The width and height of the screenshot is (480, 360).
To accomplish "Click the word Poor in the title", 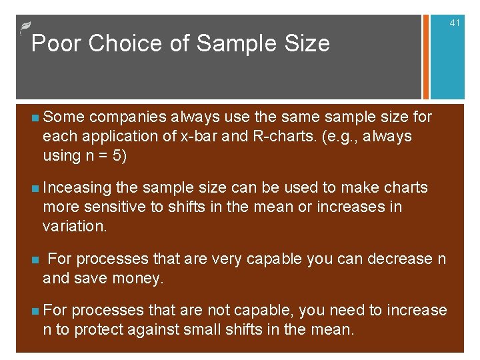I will click(x=56, y=43).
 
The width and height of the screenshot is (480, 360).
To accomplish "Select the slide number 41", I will click(x=455, y=23).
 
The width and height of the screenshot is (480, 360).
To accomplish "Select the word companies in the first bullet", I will click(x=127, y=117).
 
